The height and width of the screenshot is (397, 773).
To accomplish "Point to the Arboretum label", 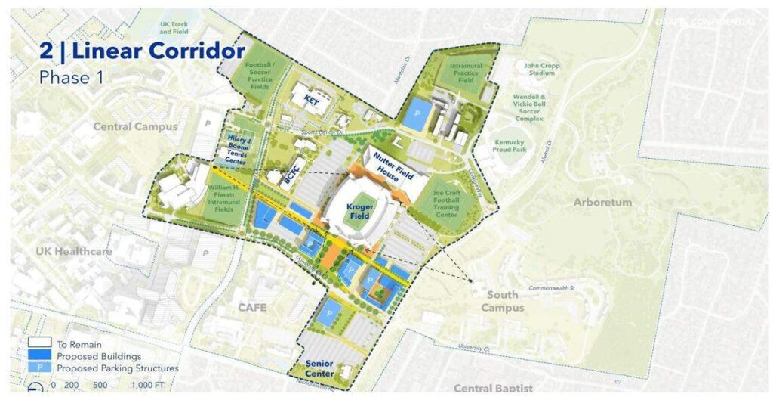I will pyautogui.click(x=602, y=202).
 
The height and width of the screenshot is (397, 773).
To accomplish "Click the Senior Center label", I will pyautogui.click(x=320, y=368).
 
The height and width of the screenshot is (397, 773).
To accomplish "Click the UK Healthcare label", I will pyautogui.click(x=74, y=250).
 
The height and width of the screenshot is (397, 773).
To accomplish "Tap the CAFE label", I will pyautogui.click(x=254, y=308).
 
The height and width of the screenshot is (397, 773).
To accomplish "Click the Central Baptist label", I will pyautogui.click(x=493, y=388).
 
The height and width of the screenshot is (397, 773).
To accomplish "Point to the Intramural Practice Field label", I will pyautogui.click(x=466, y=72).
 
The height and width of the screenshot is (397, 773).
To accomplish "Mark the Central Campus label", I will pyautogui.click(x=135, y=126).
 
